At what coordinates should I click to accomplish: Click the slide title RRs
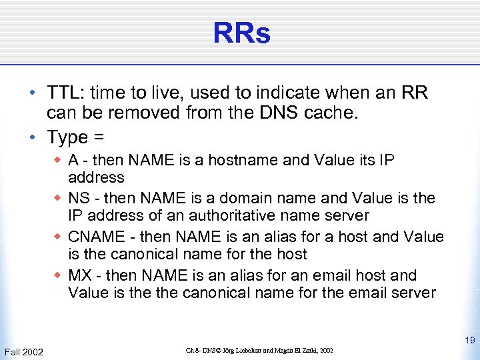coord(241,33)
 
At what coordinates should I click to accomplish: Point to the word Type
coord(67,137)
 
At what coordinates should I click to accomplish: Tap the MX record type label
coord(80,275)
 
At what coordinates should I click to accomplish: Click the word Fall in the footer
coord(13,351)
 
